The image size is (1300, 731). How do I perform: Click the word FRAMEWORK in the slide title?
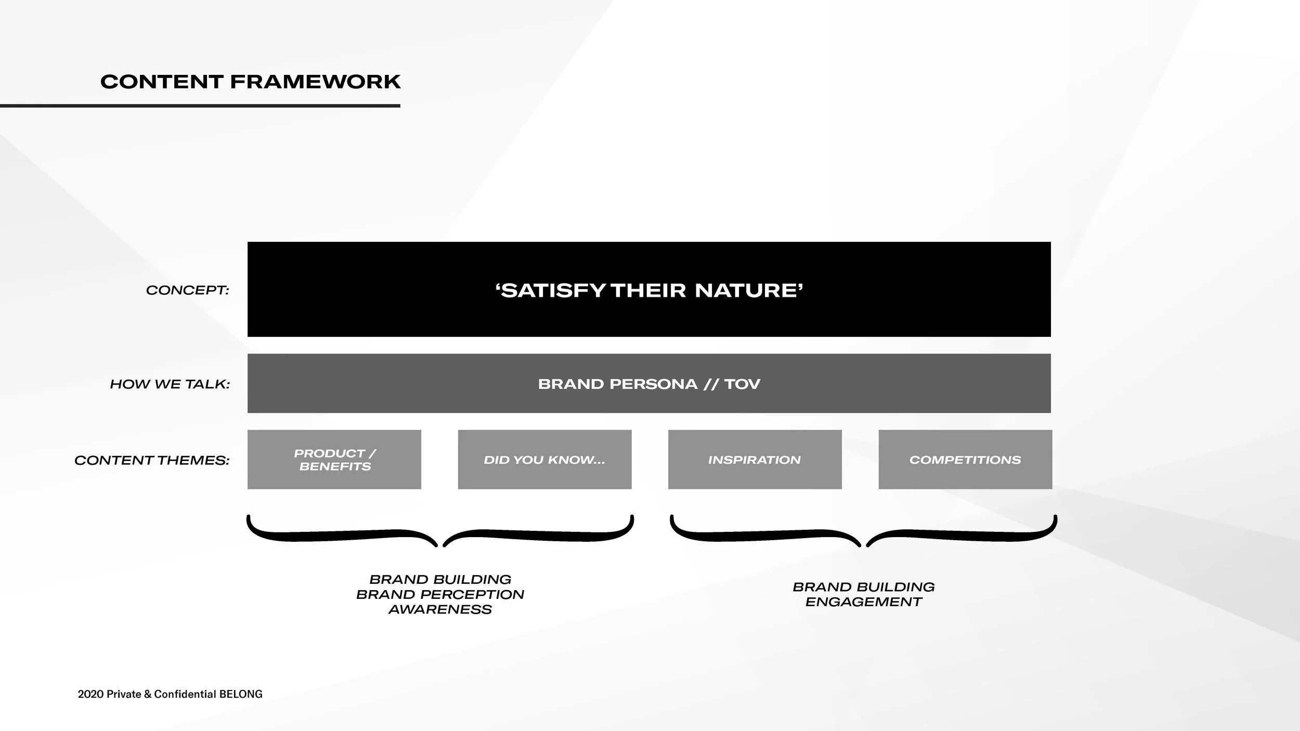pos(315,82)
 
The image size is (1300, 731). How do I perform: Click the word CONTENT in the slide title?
pos(161,82)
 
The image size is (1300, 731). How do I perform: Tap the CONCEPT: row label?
pos(187,290)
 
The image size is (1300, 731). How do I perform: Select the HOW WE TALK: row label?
pos(170,384)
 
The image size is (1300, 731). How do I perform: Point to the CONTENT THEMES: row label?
pos(152,460)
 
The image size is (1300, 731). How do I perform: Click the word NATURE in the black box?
pos(749,290)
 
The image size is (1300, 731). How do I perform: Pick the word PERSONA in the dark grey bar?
pos(653,384)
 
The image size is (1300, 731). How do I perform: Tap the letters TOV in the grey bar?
pos(742,384)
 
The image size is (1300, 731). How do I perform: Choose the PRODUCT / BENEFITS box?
pos(334,460)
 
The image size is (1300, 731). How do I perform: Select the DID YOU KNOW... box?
pos(544,460)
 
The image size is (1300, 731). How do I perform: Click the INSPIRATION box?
pos(755,460)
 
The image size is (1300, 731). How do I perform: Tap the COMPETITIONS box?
pos(965,460)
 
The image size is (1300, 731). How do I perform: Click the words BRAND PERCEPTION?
pos(440,594)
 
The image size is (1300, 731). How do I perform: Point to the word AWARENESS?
pos(440,609)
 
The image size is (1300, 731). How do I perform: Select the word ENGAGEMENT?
pos(863,602)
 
